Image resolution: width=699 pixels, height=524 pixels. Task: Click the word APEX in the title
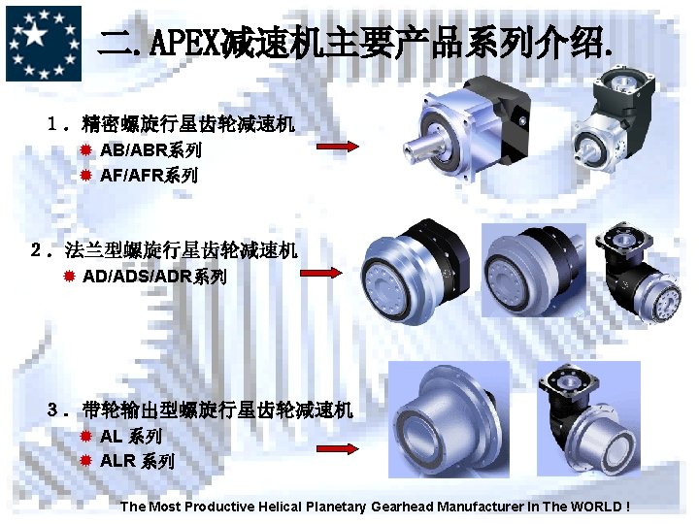[x=182, y=43]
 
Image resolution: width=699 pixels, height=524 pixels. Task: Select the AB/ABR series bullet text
[x=150, y=150]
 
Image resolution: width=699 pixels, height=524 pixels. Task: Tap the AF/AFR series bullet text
[x=149, y=176]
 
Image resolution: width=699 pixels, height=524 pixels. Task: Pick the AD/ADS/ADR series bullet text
[x=154, y=277]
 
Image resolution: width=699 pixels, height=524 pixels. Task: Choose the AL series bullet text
[x=130, y=437]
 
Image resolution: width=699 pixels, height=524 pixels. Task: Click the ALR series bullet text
[x=137, y=461]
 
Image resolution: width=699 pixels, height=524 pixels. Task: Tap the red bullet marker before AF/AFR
[x=85, y=176]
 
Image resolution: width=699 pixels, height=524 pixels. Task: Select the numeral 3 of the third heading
[x=53, y=409]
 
